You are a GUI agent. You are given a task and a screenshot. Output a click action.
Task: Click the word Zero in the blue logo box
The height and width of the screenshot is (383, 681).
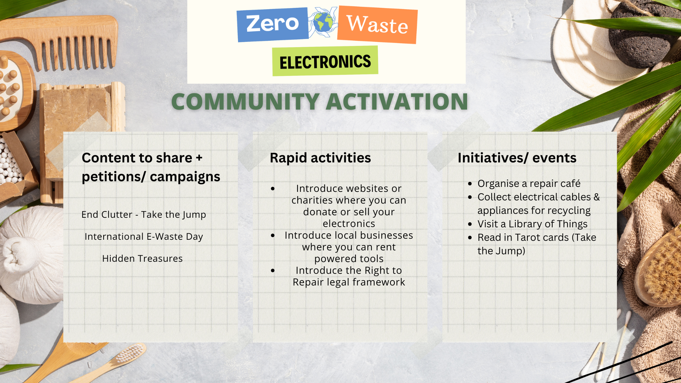point(272,23)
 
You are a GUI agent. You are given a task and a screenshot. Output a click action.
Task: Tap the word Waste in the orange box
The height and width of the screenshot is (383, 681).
point(377,24)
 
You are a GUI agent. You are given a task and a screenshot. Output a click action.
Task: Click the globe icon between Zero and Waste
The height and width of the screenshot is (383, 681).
point(323,22)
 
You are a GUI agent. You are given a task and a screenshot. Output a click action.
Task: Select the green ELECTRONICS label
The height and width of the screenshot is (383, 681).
point(325,61)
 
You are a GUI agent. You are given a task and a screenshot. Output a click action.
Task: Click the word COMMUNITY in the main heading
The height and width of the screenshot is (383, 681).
point(245,102)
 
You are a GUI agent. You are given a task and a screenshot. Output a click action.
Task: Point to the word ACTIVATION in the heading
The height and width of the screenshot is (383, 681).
point(397,102)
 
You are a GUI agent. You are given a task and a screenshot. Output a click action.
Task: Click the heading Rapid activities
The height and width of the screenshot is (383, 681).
point(320,158)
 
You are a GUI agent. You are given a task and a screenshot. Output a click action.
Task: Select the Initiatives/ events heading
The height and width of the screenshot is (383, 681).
point(517,158)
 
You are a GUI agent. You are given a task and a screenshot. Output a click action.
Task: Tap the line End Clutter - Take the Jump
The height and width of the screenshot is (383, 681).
point(144,215)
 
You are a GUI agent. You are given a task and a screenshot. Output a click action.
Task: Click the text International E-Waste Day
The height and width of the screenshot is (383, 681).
point(144,237)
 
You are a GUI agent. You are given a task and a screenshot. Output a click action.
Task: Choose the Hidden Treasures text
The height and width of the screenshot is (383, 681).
point(142,259)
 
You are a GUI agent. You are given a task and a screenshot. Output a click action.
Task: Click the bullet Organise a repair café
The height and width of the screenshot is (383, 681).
point(529,184)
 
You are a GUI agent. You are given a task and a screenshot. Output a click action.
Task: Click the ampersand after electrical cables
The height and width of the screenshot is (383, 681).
point(597,197)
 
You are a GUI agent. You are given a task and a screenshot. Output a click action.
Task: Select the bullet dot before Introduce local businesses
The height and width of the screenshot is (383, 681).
point(273,235)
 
